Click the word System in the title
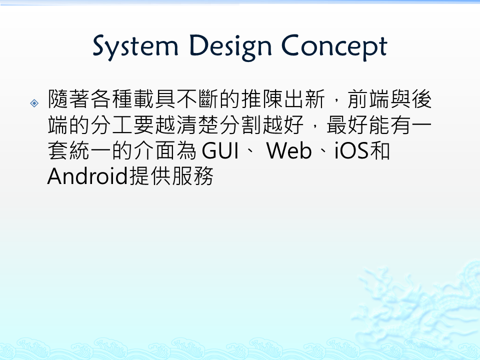tap(135, 47)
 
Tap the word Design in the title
tap(230, 47)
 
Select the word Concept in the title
tap(334, 47)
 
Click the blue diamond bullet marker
tap(34, 103)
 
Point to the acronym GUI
tap(220, 150)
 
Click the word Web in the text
tap(289, 150)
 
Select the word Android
tap(87, 176)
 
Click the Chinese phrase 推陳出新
tap(283, 99)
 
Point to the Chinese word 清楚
tap(198, 125)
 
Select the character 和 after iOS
tap(379, 150)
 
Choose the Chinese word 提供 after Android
tap(149, 176)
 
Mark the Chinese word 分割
tap(241, 125)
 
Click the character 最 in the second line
tap(337, 125)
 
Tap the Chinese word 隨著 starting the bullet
tap(69, 99)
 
